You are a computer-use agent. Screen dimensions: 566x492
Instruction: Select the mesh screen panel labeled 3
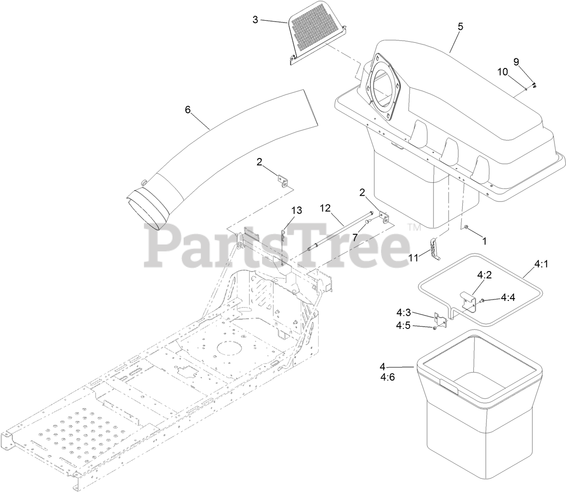click(x=316, y=34)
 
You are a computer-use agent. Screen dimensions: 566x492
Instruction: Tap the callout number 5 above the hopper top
click(x=460, y=26)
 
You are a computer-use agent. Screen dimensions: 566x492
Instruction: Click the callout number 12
click(x=325, y=208)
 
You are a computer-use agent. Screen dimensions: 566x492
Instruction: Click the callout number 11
click(x=414, y=258)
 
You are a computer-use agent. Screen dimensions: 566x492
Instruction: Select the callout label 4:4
click(x=507, y=297)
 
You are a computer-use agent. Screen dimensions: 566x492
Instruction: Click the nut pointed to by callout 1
click(x=466, y=228)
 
